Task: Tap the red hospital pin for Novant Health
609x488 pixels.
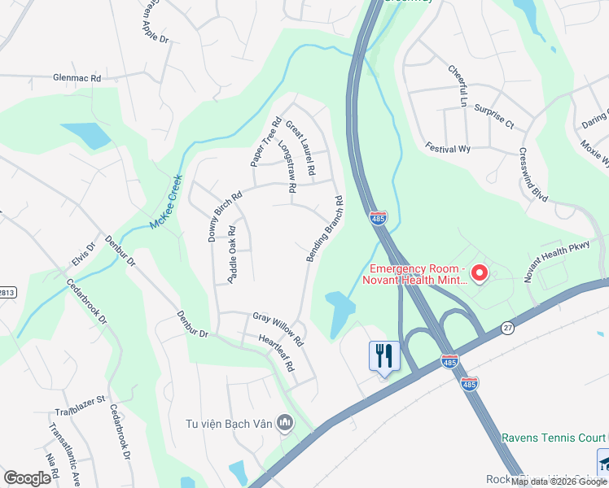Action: point(480,273)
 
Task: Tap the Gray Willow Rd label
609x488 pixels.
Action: point(278,327)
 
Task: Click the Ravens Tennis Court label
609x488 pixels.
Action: point(554,437)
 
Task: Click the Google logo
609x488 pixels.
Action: point(27,477)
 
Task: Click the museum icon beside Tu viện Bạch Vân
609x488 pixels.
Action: point(285,421)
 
